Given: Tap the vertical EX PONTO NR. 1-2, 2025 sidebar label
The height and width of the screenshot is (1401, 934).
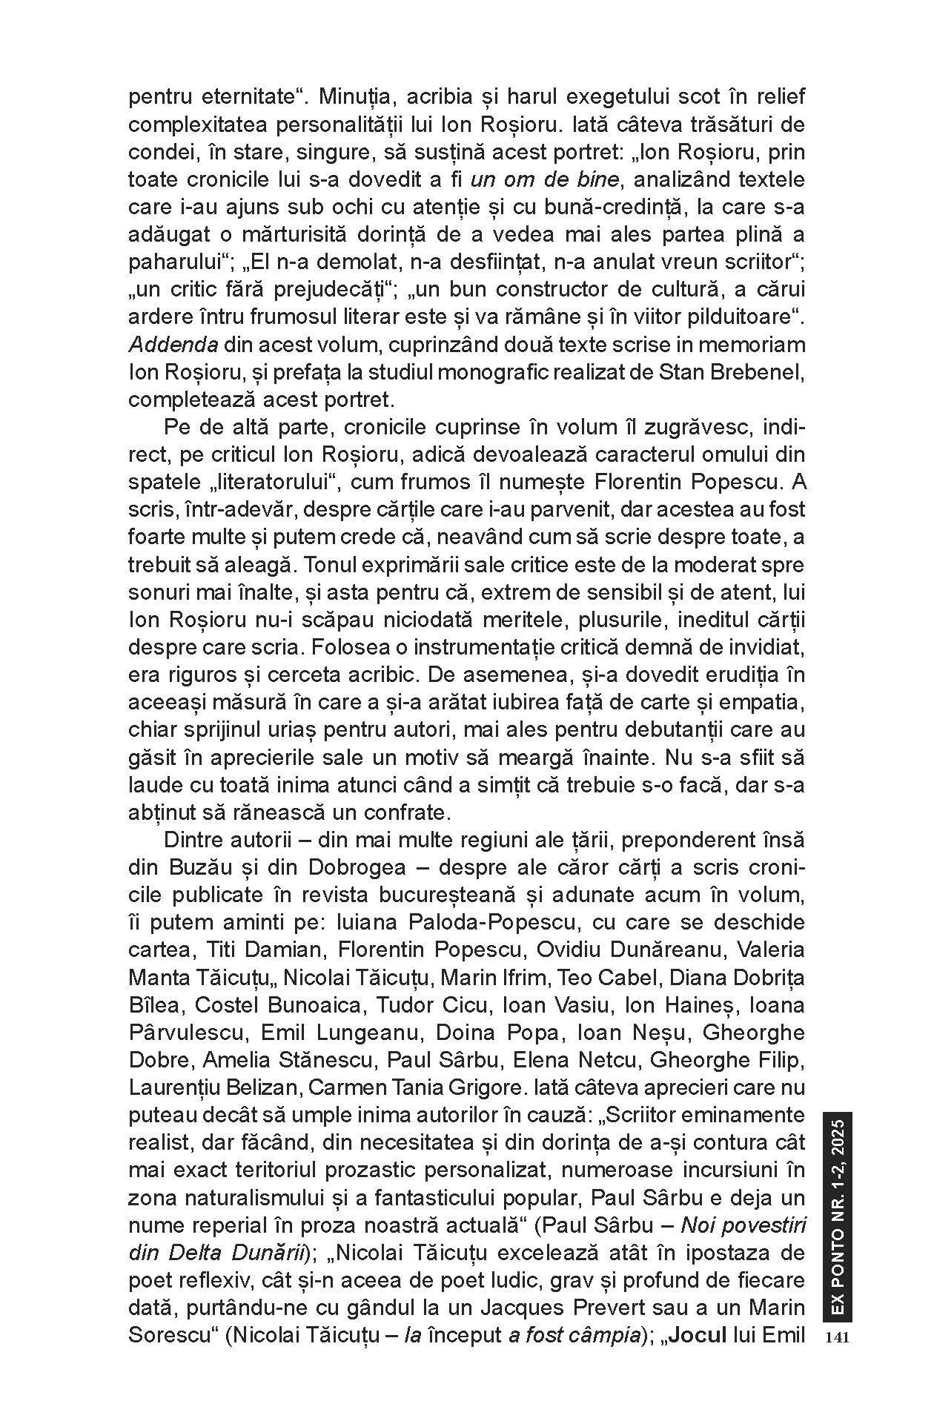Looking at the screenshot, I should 837,1216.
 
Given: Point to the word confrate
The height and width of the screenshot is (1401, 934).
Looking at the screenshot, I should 404,812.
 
